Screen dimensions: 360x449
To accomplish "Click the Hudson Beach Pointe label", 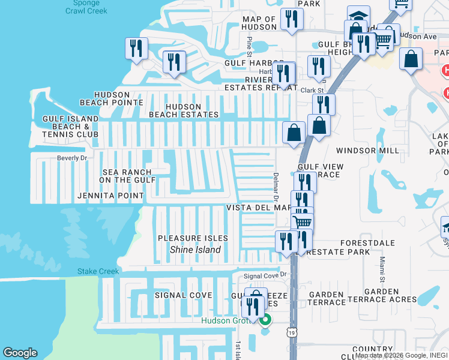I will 113,98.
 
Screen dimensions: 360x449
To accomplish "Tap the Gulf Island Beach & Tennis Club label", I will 70,127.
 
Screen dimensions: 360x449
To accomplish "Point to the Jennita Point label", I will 110,196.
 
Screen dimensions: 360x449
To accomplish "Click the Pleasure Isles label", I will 189,238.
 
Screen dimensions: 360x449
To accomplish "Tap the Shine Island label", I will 195,250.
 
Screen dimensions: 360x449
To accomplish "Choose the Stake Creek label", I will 98,271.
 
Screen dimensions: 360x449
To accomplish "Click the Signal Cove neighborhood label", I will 183,295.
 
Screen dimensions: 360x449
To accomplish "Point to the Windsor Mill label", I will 367,151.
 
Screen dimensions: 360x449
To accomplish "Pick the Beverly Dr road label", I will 72,158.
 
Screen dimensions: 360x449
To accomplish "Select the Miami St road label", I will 382,268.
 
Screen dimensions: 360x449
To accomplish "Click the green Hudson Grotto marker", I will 265,319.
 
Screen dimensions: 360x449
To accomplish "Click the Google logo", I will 20,353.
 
